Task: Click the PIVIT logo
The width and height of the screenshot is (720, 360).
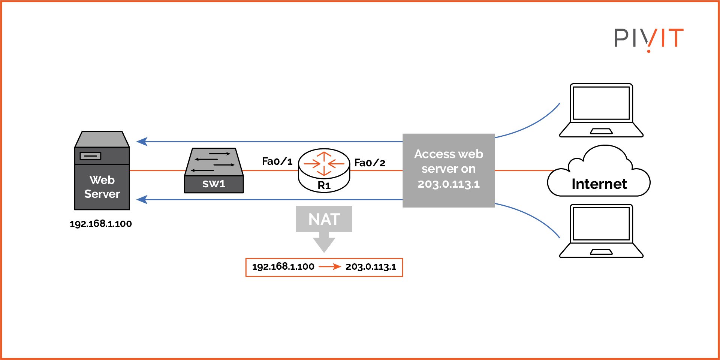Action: (649, 39)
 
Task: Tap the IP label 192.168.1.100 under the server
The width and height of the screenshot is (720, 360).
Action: (101, 224)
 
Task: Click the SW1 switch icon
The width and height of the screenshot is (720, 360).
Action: (214, 171)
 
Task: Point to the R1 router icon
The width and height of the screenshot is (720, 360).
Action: (324, 170)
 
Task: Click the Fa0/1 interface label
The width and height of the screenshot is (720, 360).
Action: (277, 161)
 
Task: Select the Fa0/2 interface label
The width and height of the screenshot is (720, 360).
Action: (370, 163)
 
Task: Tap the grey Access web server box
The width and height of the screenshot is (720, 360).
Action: (449, 170)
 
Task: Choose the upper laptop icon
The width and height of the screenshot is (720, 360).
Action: (601, 110)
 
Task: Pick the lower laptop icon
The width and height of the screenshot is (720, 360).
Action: (601, 231)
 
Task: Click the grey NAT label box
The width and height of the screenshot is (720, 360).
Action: (324, 219)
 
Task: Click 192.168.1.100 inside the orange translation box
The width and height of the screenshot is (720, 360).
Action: (283, 267)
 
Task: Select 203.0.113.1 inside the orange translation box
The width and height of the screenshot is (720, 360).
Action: (371, 267)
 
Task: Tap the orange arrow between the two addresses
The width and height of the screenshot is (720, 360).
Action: (330, 267)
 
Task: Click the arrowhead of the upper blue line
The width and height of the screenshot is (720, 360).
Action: (142, 142)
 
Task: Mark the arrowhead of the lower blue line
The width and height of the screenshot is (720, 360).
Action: (142, 199)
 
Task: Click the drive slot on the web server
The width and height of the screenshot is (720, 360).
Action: (90, 156)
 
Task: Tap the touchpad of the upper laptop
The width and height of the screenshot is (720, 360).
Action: (601, 131)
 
